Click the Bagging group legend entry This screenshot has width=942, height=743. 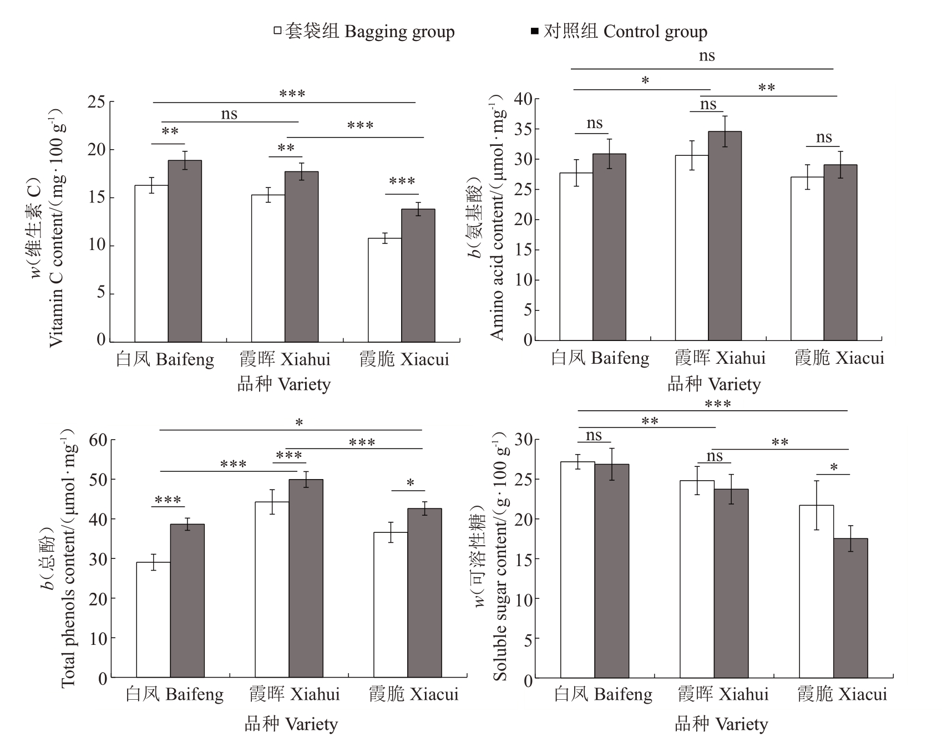(364, 32)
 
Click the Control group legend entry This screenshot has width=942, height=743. (619, 32)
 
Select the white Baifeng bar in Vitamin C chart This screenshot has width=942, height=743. (151, 263)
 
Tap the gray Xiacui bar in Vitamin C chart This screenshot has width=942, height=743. (418, 275)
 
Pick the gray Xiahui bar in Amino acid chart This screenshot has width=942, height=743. (725, 236)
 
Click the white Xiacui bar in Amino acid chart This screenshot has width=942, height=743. (807, 258)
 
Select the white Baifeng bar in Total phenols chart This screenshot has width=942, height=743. (153, 620)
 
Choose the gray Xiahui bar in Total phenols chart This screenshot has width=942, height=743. (306, 578)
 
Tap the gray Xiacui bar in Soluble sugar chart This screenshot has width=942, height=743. (850, 608)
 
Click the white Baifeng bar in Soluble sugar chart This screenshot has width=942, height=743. (578, 569)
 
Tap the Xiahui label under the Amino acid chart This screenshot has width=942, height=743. (720, 358)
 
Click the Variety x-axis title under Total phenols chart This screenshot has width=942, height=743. (291, 724)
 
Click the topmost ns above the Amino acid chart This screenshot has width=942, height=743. (707, 56)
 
